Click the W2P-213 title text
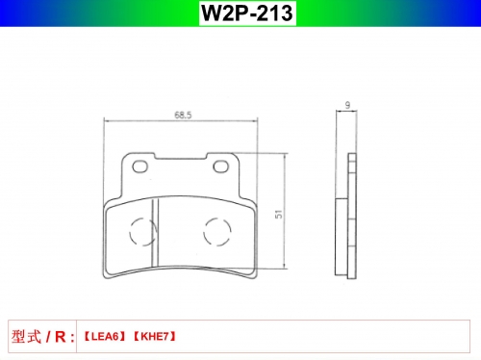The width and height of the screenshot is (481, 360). point(247,13)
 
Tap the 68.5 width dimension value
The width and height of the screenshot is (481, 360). point(183,115)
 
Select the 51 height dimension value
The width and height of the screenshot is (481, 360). point(279,214)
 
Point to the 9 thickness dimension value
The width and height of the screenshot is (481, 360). point(347,105)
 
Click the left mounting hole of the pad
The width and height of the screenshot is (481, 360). point(140,167)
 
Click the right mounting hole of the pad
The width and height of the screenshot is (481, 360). point(221,167)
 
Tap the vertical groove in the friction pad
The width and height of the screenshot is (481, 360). point(155,232)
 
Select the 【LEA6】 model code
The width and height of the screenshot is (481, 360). point(105,337)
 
